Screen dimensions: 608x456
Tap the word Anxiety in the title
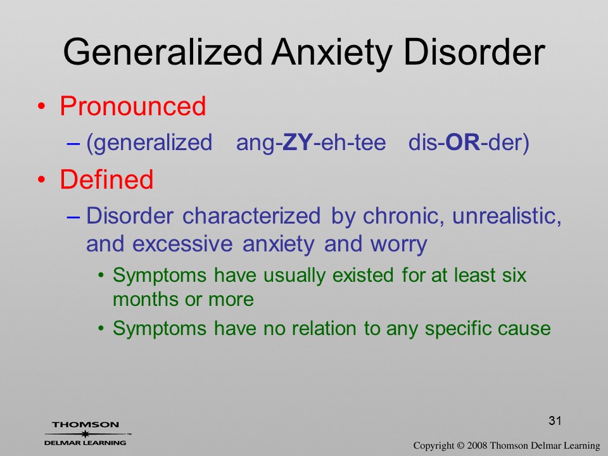[331, 53]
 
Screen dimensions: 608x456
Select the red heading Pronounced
[132, 106]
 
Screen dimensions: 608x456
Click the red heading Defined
[106, 179]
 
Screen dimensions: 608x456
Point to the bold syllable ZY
[298, 142]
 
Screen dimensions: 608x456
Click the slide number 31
[555, 421]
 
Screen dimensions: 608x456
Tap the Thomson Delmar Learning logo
[85, 434]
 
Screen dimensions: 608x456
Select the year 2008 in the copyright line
[476, 445]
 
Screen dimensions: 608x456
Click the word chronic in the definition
[403, 215]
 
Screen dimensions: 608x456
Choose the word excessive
[182, 244]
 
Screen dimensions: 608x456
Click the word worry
[398, 244]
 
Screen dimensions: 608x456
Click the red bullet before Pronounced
[42, 106]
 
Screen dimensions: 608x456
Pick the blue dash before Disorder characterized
[73, 217]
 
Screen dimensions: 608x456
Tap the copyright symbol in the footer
[460, 446]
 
